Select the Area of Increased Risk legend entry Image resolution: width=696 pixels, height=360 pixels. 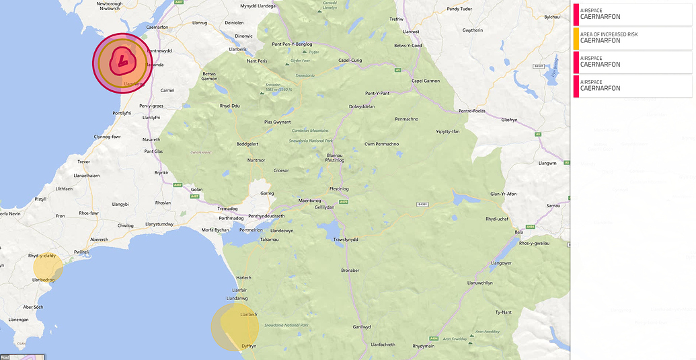(x=632, y=37)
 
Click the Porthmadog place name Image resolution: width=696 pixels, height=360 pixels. (x=231, y=218)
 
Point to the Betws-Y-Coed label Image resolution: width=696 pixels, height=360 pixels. (x=408, y=46)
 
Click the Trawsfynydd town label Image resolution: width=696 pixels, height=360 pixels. (x=346, y=240)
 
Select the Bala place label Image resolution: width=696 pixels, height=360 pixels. (x=518, y=231)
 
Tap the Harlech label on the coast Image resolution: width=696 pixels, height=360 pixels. (x=243, y=278)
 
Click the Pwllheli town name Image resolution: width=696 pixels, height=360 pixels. (x=81, y=252)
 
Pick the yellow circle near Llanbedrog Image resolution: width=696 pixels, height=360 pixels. (x=48, y=268)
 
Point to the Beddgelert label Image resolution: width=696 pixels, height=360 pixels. (x=247, y=144)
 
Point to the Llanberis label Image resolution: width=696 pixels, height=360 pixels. (x=238, y=49)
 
